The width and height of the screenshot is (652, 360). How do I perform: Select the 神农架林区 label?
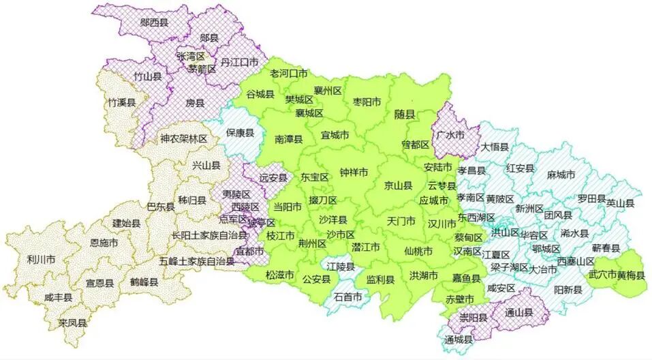tap(183, 138)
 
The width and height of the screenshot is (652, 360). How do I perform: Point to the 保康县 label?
tap(240, 133)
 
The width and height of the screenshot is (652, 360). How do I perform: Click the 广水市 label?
tap(450, 136)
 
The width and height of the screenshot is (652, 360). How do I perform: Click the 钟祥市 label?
tap(354, 172)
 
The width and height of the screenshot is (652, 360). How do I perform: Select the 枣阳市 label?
tap(367, 102)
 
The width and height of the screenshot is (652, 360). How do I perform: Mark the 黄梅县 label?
tap(630, 275)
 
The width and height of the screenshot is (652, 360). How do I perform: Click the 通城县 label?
tap(458, 340)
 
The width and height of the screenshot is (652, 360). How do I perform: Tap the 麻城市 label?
tap(561, 175)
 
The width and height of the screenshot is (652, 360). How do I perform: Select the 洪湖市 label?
tap(424, 275)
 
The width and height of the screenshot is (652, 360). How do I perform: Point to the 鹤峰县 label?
tap(144, 281)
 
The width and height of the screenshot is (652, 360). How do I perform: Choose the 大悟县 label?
tap(495, 146)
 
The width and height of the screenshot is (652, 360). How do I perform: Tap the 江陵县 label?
tap(341, 267)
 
